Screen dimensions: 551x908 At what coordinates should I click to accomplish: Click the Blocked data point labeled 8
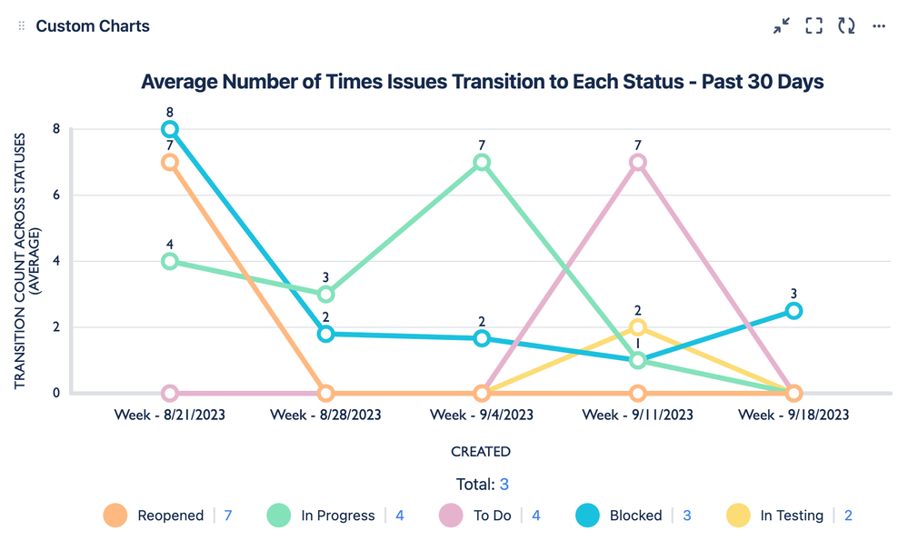click(x=170, y=130)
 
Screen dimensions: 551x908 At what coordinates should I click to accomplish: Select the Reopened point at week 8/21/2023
click(x=170, y=163)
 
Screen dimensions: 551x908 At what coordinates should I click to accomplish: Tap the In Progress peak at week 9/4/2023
click(x=482, y=163)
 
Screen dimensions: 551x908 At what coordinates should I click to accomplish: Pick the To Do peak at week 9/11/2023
click(x=638, y=163)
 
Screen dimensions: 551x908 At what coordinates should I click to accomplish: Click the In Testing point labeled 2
click(x=638, y=327)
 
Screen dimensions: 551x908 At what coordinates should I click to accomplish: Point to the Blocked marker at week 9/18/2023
click(x=793, y=311)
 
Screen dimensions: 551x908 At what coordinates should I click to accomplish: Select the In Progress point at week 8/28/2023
click(x=325, y=295)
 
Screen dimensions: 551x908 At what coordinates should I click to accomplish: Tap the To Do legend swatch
click(x=452, y=516)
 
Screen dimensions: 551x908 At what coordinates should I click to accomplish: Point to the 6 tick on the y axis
click(x=55, y=195)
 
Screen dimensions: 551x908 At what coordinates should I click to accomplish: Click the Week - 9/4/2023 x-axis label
click(x=482, y=415)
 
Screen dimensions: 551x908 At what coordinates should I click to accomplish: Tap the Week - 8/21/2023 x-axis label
click(x=170, y=415)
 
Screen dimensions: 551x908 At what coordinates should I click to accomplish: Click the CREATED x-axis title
click(x=481, y=451)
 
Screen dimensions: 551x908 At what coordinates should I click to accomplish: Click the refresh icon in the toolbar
click(x=846, y=26)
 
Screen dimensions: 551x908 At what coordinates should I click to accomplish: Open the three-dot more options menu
click(x=879, y=26)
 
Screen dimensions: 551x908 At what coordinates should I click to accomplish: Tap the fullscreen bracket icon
click(x=813, y=26)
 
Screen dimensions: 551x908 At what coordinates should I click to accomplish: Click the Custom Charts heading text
click(x=93, y=26)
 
